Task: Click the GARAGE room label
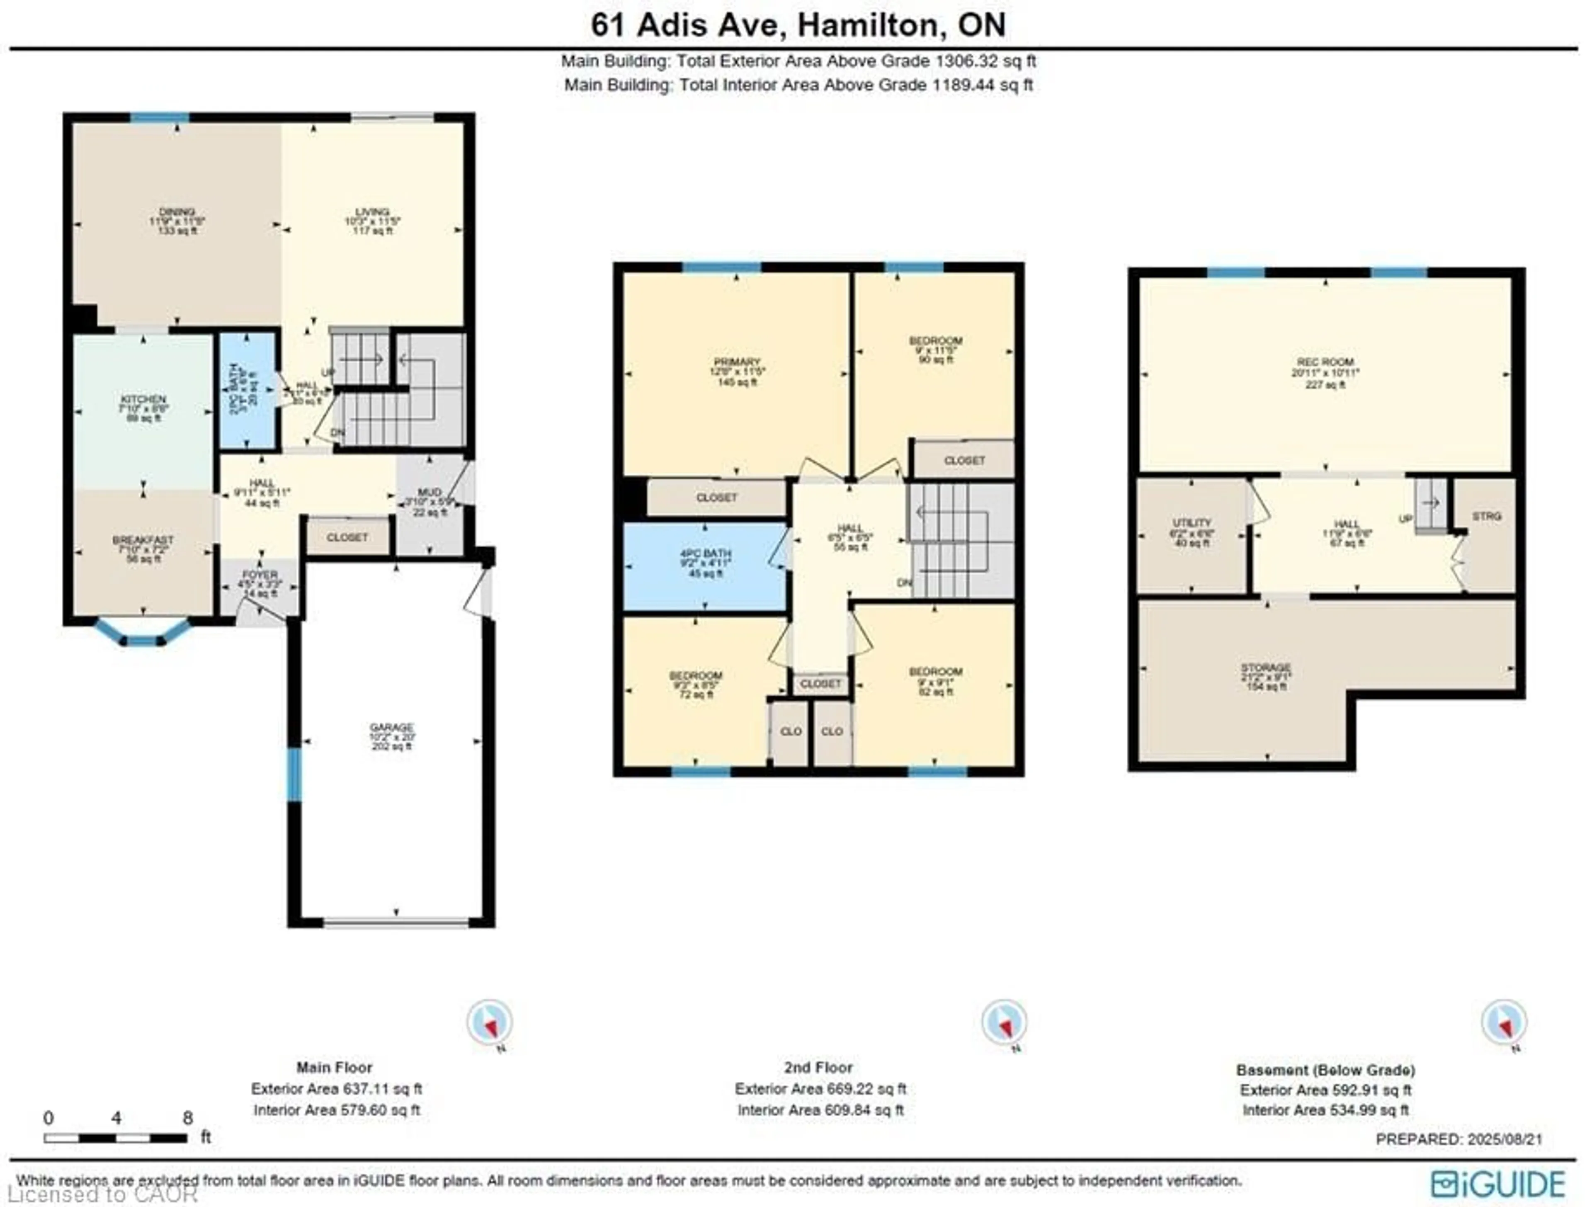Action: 391,728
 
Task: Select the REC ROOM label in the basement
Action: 1325,362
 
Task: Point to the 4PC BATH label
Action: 705,554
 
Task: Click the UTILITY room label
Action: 1192,522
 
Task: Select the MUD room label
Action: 430,492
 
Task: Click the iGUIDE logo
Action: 1498,1184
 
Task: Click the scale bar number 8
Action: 188,1118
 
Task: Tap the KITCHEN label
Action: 143,399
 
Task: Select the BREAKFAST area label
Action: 143,540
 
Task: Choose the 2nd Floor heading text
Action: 818,1067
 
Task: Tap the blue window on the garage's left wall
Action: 294,775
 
